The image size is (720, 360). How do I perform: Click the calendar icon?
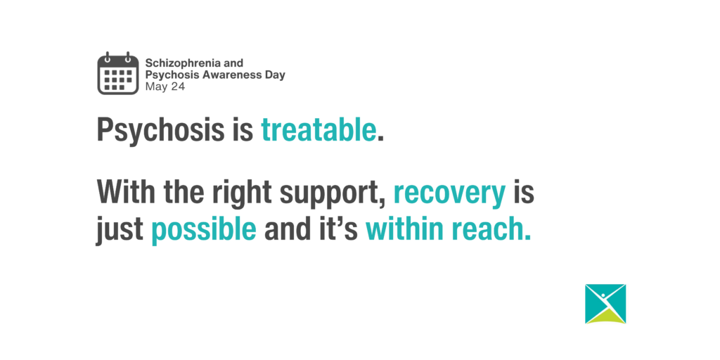[x=118, y=73]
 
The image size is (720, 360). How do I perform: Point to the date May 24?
[x=165, y=86]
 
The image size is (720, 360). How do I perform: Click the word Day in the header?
[x=276, y=75]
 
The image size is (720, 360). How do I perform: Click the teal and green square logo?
[x=605, y=304]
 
